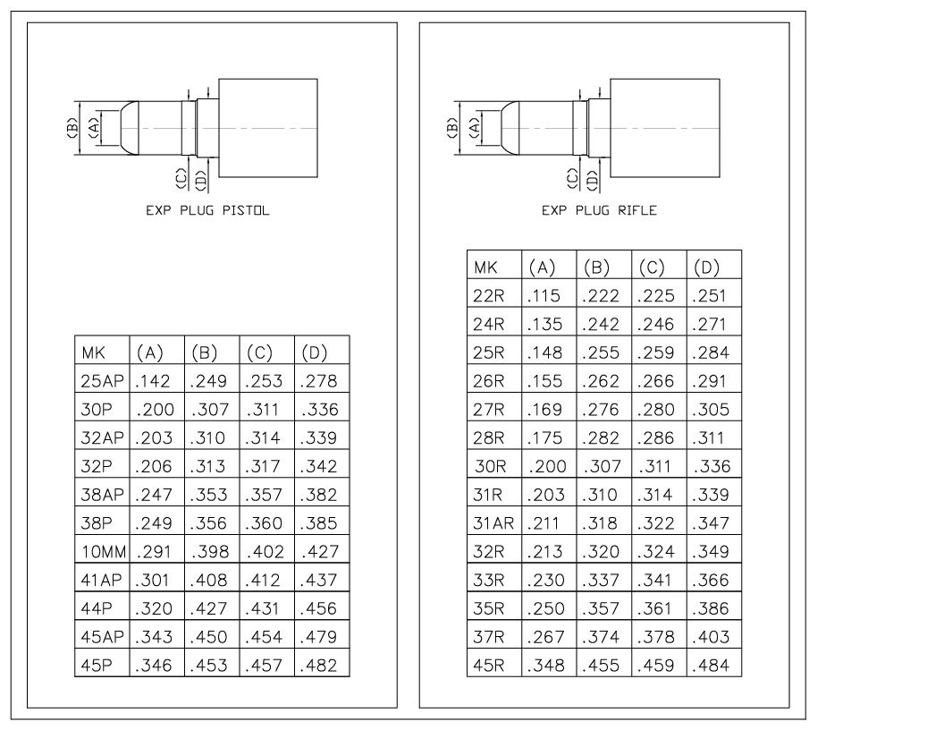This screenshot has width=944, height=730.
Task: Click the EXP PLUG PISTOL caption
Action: click(x=207, y=210)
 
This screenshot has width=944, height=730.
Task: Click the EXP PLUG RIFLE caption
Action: click(x=599, y=210)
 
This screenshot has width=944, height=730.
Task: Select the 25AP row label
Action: click(x=102, y=381)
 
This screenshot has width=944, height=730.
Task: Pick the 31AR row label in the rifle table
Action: click(x=493, y=523)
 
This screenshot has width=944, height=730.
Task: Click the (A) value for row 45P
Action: click(x=154, y=666)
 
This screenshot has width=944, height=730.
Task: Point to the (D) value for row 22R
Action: click(x=710, y=296)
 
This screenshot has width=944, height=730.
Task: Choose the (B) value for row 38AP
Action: click(x=209, y=495)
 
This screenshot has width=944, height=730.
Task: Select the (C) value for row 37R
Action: click(x=655, y=637)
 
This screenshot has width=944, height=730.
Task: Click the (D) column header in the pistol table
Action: click(x=315, y=352)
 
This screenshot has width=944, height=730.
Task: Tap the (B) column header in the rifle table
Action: click(x=596, y=267)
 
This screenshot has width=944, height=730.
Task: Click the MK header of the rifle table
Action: click(x=485, y=267)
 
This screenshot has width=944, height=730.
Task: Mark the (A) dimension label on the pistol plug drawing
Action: click(x=93, y=128)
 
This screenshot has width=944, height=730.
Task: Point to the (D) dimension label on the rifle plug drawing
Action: click(x=593, y=180)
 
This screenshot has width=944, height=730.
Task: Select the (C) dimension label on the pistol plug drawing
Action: click(x=181, y=178)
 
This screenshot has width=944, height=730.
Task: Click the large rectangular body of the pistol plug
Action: click(x=268, y=128)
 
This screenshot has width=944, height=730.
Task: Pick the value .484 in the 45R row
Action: click(x=711, y=666)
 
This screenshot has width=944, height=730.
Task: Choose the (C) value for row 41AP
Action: click(x=264, y=581)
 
